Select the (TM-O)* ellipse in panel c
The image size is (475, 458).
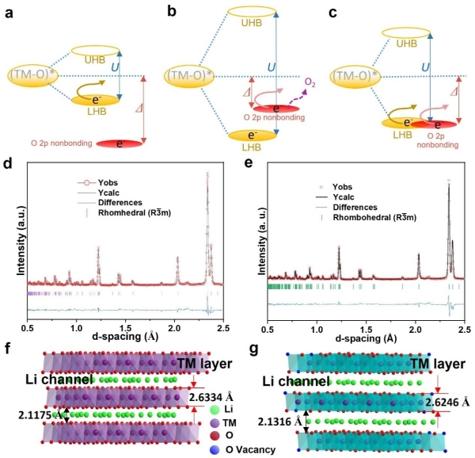355,76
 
